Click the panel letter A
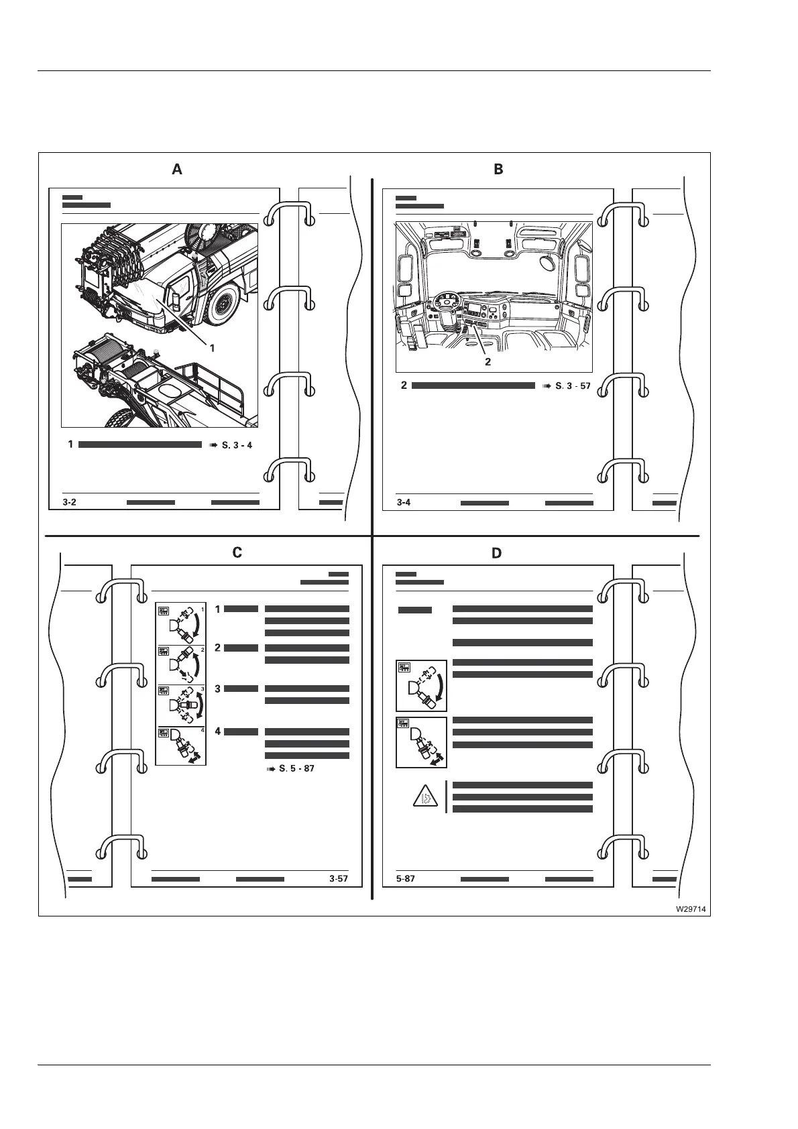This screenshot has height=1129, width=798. click(x=177, y=170)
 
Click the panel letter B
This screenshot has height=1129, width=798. click(x=498, y=170)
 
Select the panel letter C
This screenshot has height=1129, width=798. click(x=237, y=552)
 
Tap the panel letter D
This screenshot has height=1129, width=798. click(x=496, y=553)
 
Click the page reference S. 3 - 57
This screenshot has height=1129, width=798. click(x=567, y=386)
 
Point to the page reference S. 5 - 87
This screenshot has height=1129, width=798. click(x=291, y=768)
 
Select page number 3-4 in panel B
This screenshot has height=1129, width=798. click(x=403, y=502)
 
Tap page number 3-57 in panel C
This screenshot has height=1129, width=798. click(x=339, y=878)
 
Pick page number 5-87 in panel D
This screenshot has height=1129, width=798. click(x=406, y=878)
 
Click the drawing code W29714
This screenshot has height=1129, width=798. click(x=691, y=909)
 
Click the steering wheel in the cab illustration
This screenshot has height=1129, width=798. click(x=444, y=302)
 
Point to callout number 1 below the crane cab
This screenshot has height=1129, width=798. click(x=212, y=348)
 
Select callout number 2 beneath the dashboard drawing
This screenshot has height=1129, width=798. click(x=488, y=361)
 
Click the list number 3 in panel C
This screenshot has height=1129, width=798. click(x=218, y=689)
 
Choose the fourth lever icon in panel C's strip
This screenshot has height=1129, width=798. click(x=181, y=745)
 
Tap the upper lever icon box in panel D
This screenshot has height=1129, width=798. click(x=421, y=685)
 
